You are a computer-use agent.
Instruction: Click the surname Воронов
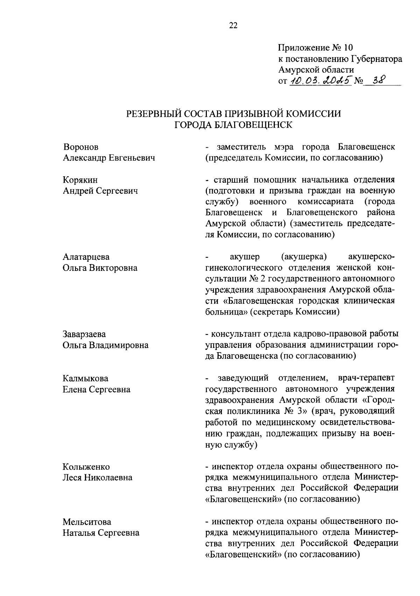81,147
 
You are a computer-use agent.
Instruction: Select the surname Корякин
80,180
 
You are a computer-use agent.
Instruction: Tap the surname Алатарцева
86,257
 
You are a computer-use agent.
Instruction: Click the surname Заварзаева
84,334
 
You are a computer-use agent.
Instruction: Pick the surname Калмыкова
85,378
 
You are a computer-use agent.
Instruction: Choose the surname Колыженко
86,467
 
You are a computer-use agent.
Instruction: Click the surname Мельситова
87,522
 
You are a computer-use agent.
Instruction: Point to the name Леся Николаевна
97,478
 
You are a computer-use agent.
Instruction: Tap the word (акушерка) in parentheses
304,257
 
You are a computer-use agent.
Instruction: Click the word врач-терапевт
366,378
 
